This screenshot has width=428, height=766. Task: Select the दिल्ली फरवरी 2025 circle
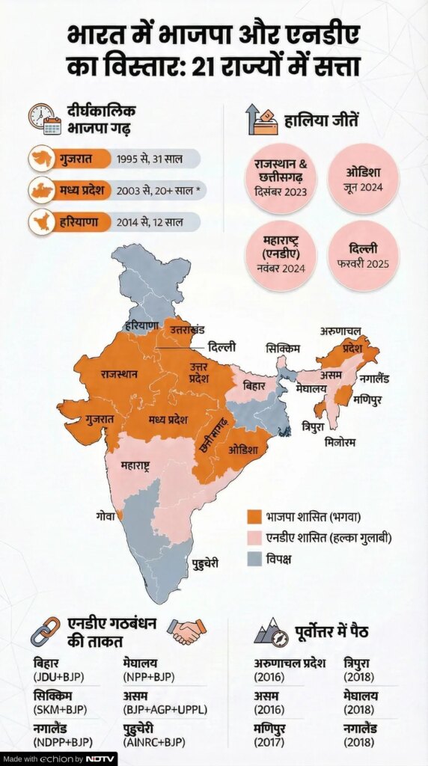(363, 255)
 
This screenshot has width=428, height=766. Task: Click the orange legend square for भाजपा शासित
(254, 517)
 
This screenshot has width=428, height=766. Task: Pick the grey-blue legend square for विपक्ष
(254, 559)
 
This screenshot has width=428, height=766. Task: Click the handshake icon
(186, 631)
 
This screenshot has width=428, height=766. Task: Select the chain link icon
(44, 631)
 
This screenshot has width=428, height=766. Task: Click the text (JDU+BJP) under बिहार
(58, 677)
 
